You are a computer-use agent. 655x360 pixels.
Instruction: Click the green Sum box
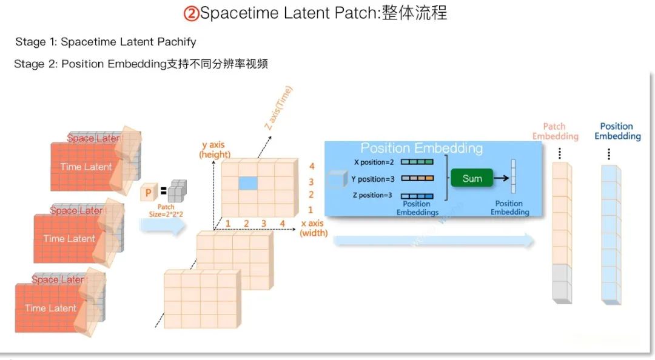coord(472,178)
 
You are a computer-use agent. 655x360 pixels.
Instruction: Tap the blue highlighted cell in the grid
coord(247,184)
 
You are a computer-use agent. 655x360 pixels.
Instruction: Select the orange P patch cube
coord(147,193)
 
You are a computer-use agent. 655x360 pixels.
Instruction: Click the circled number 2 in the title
coord(191,13)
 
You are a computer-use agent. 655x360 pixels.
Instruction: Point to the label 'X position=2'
coord(374,162)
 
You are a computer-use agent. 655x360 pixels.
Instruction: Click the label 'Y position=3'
coord(372,179)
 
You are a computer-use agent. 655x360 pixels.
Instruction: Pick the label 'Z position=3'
coord(372,195)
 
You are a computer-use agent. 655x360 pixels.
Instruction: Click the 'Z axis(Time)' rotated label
coord(278,107)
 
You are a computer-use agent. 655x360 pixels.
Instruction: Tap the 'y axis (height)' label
coord(215,150)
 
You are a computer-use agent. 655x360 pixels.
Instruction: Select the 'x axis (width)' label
coord(314,228)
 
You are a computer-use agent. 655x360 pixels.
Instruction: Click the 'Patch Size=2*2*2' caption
coord(166,210)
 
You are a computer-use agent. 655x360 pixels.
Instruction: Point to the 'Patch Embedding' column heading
coord(555,131)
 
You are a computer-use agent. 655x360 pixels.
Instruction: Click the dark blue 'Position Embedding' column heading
coord(617,131)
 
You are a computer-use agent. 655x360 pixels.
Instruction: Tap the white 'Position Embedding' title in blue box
coord(422,148)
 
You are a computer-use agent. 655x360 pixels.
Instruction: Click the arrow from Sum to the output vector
coord(502,178)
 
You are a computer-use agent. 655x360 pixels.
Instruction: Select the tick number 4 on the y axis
coord(312,166)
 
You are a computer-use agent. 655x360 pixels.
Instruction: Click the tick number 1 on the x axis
coord(228,224)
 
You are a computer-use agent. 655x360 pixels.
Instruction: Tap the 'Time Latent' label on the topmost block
coord(86,167)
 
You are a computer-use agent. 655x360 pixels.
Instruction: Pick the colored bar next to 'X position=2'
coord(417,162)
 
